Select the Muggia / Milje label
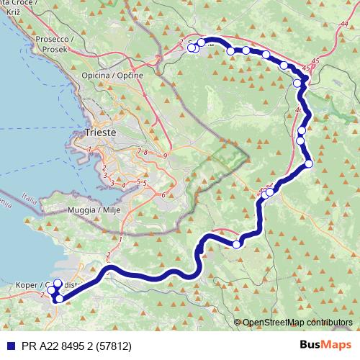(94, 210)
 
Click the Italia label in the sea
(28, 195)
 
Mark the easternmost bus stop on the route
(309, 163)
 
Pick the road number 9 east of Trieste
(165, 156)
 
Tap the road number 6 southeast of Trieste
(163, 195)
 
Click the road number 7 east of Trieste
(138, 151)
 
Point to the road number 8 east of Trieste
(145, 153)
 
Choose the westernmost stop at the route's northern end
(192, 49)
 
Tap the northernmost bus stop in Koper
(58, 284)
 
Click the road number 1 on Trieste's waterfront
(89, 149)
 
